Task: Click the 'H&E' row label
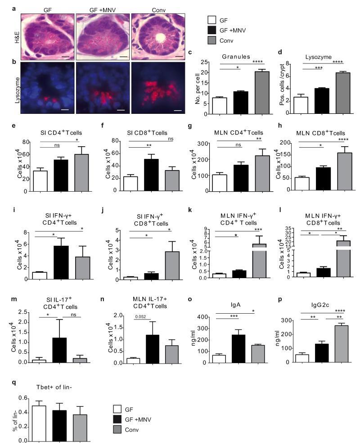pos(16,36)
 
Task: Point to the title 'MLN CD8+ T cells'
pos(320,133)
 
